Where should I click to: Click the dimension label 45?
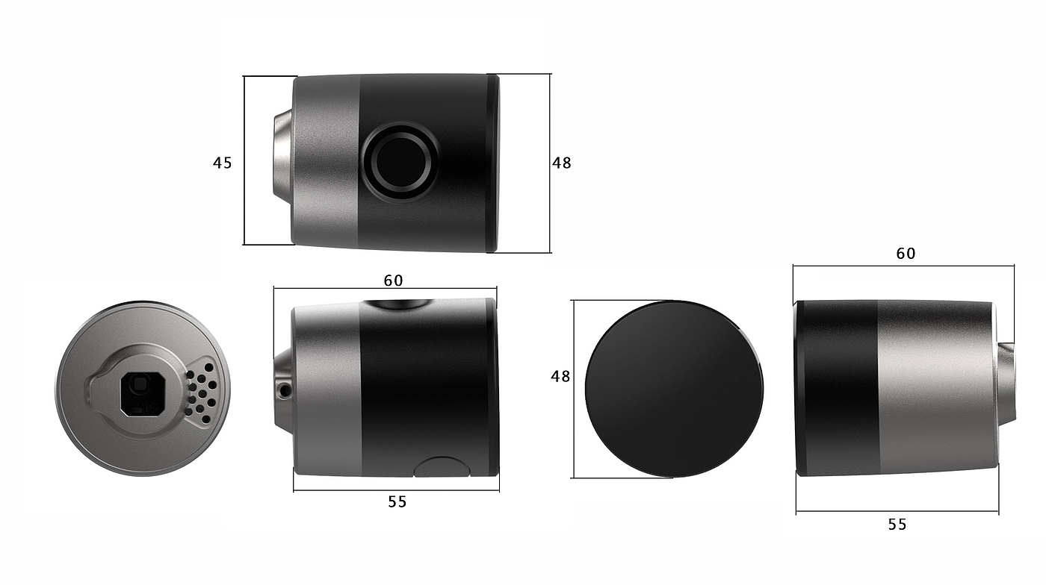pos(223,163)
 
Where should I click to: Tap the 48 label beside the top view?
pos(561,163)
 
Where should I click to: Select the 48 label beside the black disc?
pos(560,377)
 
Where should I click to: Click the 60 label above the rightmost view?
pos(906,254)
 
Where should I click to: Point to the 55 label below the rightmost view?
pos(897,525)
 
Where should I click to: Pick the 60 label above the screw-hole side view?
pos(393,281)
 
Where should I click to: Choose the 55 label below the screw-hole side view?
pos(397,502)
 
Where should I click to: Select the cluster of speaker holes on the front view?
pos(201,389)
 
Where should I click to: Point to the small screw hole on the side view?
pos(283,390)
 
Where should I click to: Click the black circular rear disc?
pos(674,389)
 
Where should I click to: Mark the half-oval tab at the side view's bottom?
pos(442,467)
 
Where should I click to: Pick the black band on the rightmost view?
pos(837,388)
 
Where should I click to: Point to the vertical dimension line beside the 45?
pos(244,160)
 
